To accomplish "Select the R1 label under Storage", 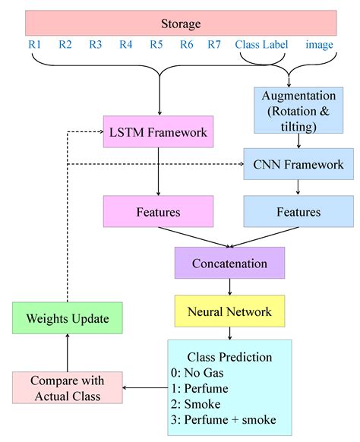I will pyautogui.click(x=35, y=45).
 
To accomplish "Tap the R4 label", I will pyautogui.click(x=126, y=45).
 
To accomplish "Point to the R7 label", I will pyautogui.click(x=214, y=45).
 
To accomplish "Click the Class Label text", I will pyautogui.click(x=261, y=45).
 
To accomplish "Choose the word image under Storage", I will pyautogui.click(x=319, y=45).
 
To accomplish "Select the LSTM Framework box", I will pyautogui.click(x=156, y=132).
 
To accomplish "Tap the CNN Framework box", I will pyautogui.click(x=293, y=164).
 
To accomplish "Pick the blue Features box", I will pyautogui.click(x=293, y=211).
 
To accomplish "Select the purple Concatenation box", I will pyautogui.click(x=229, y=264).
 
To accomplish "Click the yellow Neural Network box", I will pyautogui.click(x=229, y=311).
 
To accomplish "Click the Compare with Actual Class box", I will pyautogui.click(x=68, y=387).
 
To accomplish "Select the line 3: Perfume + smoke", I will pyautogui.click(x=223, y=418).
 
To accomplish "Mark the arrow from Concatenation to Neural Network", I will pyautogui.click(x=229, y=288).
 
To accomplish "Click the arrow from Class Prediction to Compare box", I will pyautogui.click(x=146, y=387).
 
